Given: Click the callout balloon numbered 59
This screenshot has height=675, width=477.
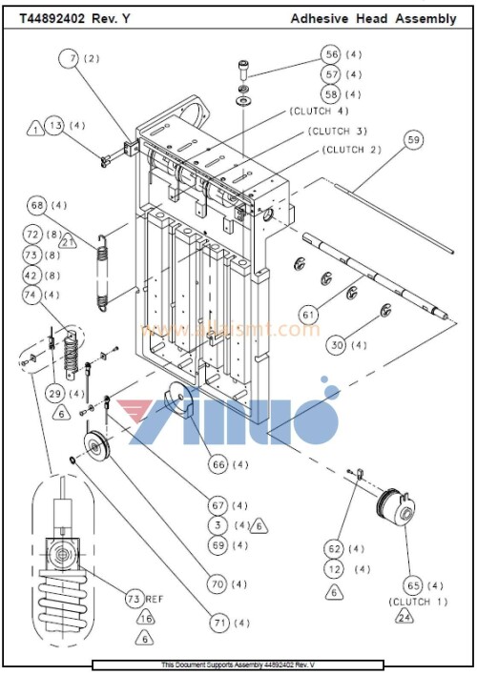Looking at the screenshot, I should click(413, 140).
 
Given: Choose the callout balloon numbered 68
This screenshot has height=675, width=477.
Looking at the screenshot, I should click(37, 206).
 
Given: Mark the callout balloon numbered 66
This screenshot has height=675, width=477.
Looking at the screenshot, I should click(217, 464).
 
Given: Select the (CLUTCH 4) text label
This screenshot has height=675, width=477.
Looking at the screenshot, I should click(320, 112).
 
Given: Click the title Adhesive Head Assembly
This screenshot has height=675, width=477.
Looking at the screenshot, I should click(373, 18).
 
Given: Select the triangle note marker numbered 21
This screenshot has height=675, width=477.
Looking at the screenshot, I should click(69, 242).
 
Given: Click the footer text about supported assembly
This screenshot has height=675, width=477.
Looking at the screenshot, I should click(238, 665).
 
